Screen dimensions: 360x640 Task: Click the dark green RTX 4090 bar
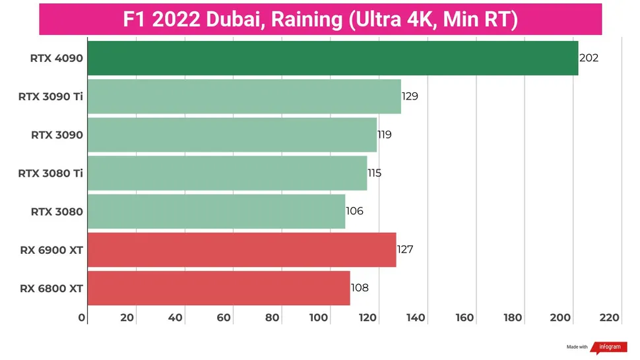click(333, 58)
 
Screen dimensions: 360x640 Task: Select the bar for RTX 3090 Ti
click(244, 96)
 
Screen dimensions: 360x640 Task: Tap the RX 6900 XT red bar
click(241, 250)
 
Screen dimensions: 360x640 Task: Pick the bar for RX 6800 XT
click(218, 288)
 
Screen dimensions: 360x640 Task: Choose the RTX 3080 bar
click(216, 212)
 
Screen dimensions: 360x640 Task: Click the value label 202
click(589, 58)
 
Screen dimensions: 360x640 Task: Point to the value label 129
click(410, 96)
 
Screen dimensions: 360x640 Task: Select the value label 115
click(375, 173)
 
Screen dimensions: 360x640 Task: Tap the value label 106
click(355, 212)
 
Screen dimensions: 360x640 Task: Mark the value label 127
click(405, 250)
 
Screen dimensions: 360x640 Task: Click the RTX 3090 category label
click(57, 135)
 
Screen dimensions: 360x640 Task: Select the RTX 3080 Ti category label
click(51, 173)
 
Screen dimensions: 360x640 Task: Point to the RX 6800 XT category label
click(51, 288)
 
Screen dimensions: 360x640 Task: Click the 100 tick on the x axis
click(319, 318)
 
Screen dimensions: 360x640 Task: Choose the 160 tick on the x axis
click(464, 318)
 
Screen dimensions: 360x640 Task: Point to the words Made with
click(577, 347)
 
